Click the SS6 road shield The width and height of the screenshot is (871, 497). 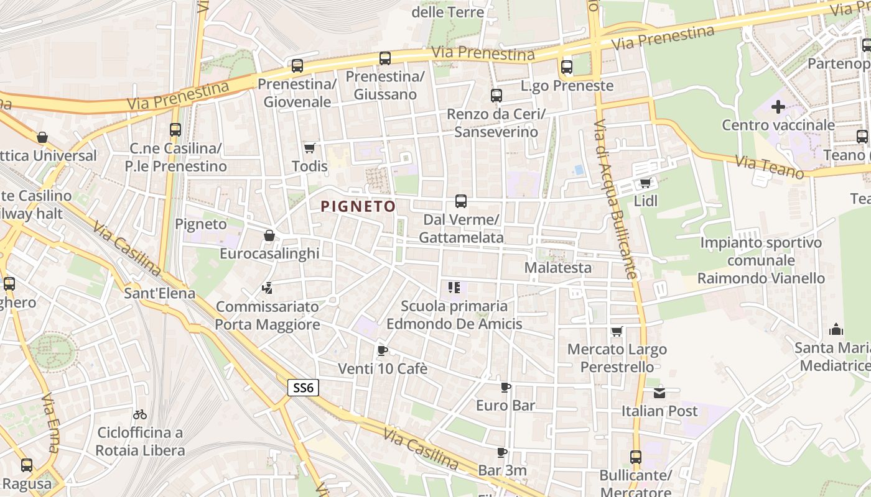click(x=304, y=388)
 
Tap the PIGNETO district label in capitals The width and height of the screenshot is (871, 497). click(x=358, y=206)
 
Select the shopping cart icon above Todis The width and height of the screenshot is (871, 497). click(x=309, y=148)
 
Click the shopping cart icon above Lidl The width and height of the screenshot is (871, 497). click(x=645, y=183)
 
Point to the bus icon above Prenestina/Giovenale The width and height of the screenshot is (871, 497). click(x=297, y=65)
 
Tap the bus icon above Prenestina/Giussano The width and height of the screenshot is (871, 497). click(x=385, y=58)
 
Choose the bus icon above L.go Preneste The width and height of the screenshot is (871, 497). click(x=566, y=67)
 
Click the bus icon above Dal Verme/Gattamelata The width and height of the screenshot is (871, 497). click(x=460, y=201)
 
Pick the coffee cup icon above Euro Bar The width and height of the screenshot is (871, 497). click(x=506, y=388)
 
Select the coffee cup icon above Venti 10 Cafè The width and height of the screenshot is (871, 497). click(x=383, y=350)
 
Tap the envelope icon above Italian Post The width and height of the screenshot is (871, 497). click(x=659, y=393)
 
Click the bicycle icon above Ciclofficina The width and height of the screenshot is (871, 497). click(x=141, y=414)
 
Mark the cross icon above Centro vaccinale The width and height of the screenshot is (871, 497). click(x=778, y=107)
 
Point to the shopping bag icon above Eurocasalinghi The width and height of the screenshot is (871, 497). click(x=269, y=235)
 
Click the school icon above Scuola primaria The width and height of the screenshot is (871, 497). click(x=454, y=288)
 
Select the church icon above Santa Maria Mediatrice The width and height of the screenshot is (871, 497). click(x=836, y=329)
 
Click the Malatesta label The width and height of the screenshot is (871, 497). click(x=558, y=268)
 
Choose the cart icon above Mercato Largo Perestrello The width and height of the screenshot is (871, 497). click(x=617, y=331)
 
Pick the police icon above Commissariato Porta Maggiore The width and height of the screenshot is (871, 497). click(x=268, y=288)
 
